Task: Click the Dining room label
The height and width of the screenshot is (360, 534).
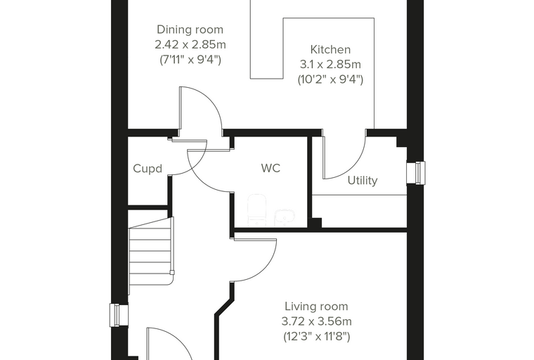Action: (190, 30)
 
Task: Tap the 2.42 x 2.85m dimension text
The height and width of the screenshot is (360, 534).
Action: (190, 45)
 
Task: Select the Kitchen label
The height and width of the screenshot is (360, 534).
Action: (330, 49)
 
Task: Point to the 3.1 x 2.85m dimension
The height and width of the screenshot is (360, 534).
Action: (330, 65)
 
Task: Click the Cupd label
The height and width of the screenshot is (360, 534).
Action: (148, 169)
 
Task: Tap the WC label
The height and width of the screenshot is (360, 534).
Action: (271, 168)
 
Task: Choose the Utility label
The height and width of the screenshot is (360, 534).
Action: (363, 180)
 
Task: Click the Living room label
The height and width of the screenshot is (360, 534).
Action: (316, 307)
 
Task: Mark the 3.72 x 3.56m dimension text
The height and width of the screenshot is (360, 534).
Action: (317, 321)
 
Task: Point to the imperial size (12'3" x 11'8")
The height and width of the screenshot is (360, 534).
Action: (317, 337)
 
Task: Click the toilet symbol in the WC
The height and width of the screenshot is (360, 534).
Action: (256, 210)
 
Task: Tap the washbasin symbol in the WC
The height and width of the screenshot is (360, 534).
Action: (285, 217)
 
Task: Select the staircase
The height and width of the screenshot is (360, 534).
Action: (151, 255)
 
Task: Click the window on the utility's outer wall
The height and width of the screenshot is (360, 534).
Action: (416, 172)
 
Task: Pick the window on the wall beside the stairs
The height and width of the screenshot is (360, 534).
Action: (119, 315)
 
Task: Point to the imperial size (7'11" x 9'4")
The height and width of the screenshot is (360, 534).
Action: (190, 60)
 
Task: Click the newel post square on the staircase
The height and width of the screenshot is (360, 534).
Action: (172, 272)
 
